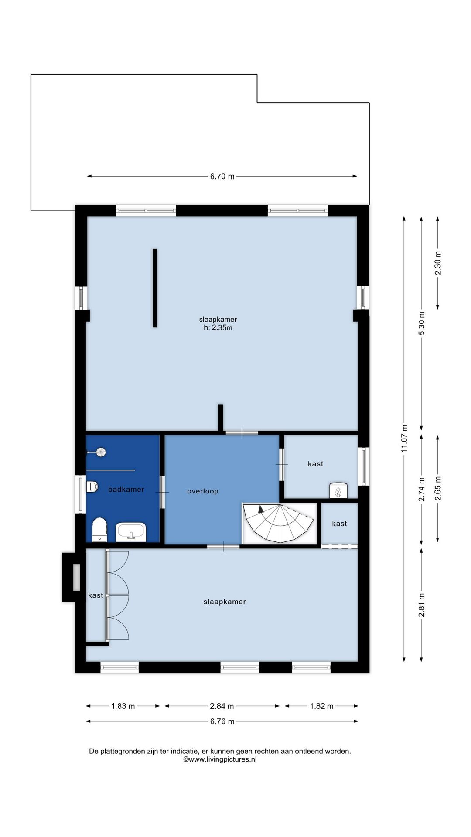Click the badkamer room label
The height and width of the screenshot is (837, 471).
click(x=126, y=490)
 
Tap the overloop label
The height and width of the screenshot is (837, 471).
click(x=203, y=491)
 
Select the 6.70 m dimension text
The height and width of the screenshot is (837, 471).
click(x=222, y=177)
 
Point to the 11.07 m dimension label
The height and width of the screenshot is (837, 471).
click(x=404, y=439)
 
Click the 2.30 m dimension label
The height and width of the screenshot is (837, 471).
click(x=438, y=263)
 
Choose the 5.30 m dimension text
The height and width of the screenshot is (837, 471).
click(x=421, y=323)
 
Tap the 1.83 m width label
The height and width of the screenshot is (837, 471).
click(x=123, y=706)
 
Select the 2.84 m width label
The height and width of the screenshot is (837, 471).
click(x=222, y=706)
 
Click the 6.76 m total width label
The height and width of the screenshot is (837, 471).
click(x=222, y=721)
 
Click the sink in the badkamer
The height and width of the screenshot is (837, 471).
click(x=131, y=532)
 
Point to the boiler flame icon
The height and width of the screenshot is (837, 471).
click(x=338, y=492)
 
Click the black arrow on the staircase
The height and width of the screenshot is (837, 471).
click(x=261, y=508)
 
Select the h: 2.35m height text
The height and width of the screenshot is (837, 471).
click(x=218, y=328)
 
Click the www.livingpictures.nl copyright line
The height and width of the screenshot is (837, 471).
click(x=220, y=759)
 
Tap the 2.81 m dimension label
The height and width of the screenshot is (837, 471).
click(x=421, y=606)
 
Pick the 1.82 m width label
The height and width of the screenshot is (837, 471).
click(x=322, y=706)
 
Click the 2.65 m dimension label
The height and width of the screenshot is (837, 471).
click(x=438, y=488)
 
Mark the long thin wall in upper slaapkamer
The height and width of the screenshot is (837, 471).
click(x=155, y=288)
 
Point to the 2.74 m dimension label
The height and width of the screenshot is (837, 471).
click(x=421, y=490)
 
